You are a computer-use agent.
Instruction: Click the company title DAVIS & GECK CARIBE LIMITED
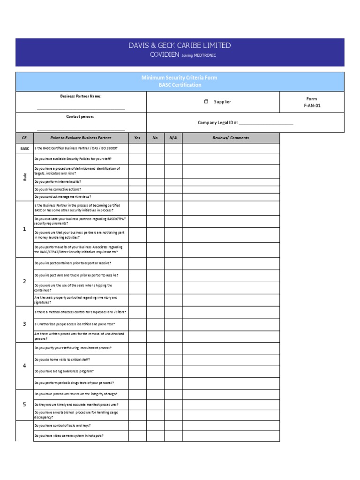[180, 45]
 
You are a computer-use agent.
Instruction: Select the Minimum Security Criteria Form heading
[180, 78]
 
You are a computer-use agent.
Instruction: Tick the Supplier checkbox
[206, 102]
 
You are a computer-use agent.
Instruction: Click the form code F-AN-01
[312, 106]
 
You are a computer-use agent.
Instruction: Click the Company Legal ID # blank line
[266, 124]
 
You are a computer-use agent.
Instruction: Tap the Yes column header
[137, 138]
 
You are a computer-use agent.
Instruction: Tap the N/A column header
[173, 138]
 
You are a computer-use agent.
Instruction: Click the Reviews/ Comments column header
[231, 138]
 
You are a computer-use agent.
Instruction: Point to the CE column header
[24, 138]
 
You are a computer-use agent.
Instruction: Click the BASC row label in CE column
[24, 149]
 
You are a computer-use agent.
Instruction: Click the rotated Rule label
[24, 177]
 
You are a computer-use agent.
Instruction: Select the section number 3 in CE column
[24, 324]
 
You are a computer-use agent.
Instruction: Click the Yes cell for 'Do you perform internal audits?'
[137, 182]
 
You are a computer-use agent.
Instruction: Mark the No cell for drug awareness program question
[155, 371]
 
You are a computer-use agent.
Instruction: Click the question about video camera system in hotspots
[69, 436]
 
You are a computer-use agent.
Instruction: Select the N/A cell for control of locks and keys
[173, 426]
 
